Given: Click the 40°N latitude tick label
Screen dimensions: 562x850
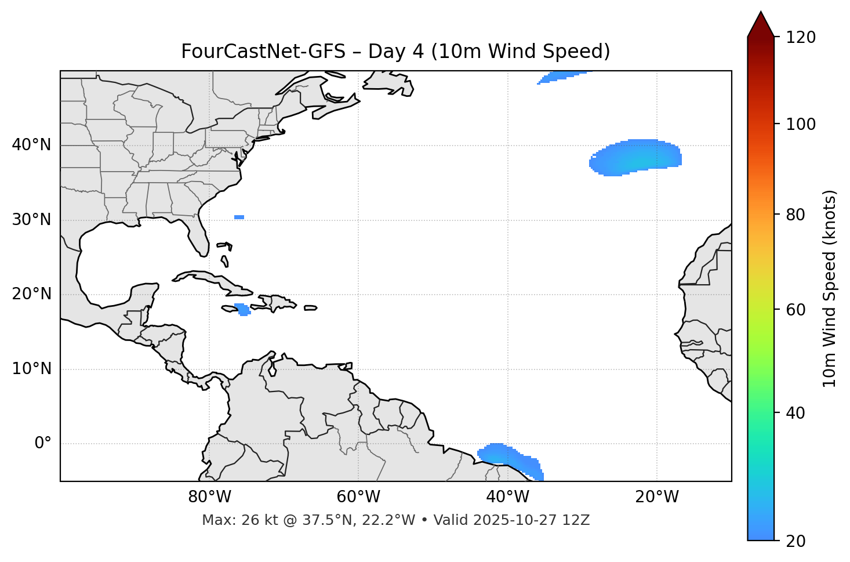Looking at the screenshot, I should tap(31, 145).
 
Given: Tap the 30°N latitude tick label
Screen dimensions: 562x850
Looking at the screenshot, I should tap(31, 220).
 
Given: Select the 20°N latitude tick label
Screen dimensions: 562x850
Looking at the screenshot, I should tap(31, 294).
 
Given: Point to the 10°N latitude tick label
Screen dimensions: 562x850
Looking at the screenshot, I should tap(31, 369).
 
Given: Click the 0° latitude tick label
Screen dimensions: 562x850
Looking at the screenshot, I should tap(43, 444).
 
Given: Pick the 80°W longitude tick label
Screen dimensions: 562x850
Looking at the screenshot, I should tap(209, 497).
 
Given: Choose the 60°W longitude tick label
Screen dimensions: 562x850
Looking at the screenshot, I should tap(358, 497).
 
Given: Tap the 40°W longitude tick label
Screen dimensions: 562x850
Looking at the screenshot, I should tap(507, 497).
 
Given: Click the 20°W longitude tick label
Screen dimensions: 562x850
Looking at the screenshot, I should tap(657, 497).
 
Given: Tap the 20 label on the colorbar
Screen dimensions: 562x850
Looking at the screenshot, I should tap(795, 541).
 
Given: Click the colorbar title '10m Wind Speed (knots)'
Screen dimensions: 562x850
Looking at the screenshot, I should tap(830, 288).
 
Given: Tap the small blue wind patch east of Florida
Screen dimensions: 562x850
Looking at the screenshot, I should tap(239, 217).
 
